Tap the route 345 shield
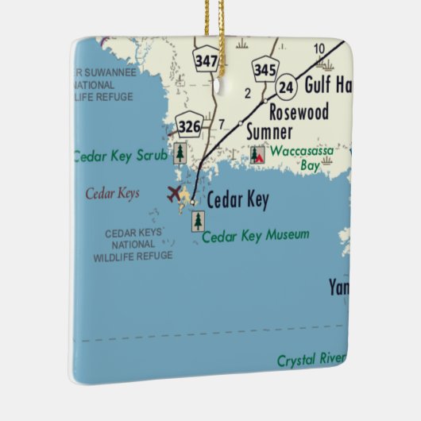click(x=265, y=69)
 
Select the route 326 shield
click(x=190, y=125)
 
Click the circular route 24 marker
click(x=287, y=84)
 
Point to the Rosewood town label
click(x=299, y=111)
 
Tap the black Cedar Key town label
click(x=237, y=201)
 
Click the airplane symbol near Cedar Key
click(x=174, y=192)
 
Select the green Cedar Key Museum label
click(x=256, y=235)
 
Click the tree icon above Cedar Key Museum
click(x=197, y=221)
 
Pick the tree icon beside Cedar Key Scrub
click(x=180, y=153)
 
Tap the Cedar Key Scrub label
click(x=121, y=156)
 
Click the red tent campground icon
click(x=257, y=154)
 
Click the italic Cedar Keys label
click(x=112, y=192)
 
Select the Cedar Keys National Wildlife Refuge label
click(x=133, y=244)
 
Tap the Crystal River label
click(x=311, y=361)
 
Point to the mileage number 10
click(x=319, y=49)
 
